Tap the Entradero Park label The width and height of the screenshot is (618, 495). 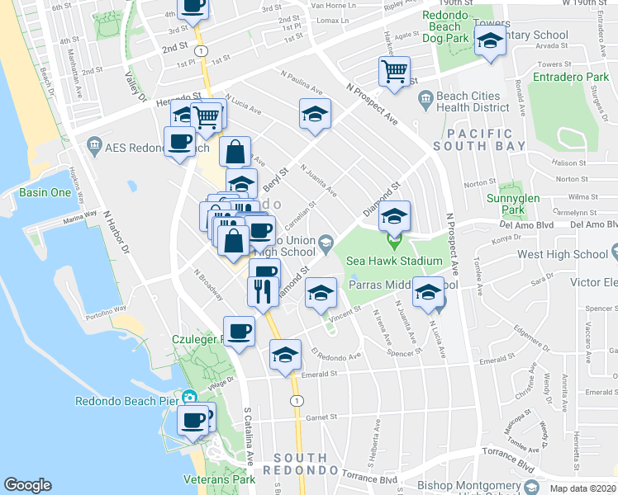tap(569, 77)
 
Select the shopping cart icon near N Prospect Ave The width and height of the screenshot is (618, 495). tap(395, 71)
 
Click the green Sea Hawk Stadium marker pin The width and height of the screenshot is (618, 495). tap(394, 243)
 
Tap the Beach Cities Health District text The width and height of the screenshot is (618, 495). tap(473, 101)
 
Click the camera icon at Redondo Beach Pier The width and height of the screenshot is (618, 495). tap(190, 397)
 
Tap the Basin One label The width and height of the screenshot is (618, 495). tap(45, 192)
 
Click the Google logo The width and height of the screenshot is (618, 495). tap(27, 485)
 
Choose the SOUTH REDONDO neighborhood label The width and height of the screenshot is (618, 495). tap(302, 464)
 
